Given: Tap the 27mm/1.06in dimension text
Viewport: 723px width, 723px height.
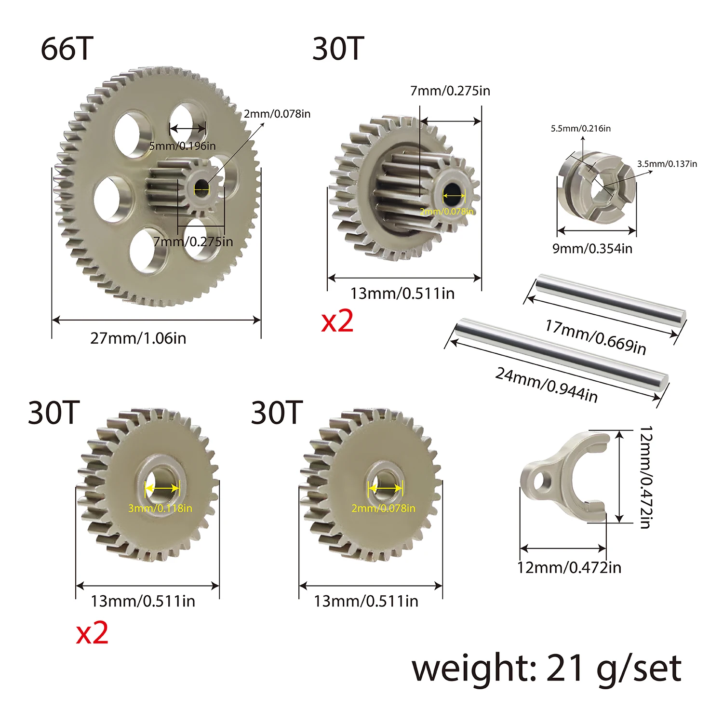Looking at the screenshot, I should (138, 338).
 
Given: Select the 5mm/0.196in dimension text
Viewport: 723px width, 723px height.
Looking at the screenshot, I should (183, 146).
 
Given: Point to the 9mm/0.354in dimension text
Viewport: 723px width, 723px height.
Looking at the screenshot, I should (592, 249).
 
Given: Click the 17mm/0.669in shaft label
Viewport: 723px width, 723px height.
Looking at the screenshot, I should (596, 337).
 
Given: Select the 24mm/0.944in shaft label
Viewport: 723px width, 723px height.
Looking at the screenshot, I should (547, 385).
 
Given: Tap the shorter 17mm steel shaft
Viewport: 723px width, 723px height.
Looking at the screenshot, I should (610, 304).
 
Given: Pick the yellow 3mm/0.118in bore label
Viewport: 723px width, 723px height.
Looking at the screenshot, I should (160, 508).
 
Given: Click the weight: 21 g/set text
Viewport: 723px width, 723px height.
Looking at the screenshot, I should (547, 669).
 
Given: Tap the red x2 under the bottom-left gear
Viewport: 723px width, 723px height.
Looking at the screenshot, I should (92, 633).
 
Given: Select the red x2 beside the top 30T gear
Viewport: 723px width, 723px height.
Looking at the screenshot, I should (337, 321).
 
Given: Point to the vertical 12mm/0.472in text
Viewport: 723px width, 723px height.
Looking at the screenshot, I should (646, 477).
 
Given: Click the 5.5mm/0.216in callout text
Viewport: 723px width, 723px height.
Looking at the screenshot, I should (581, 129).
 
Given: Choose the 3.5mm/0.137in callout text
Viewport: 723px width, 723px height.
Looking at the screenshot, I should (667, 164).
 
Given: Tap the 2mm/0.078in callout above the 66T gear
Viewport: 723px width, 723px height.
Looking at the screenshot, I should (277, 114).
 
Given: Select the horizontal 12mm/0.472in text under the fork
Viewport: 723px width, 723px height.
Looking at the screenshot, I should (569, 568).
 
